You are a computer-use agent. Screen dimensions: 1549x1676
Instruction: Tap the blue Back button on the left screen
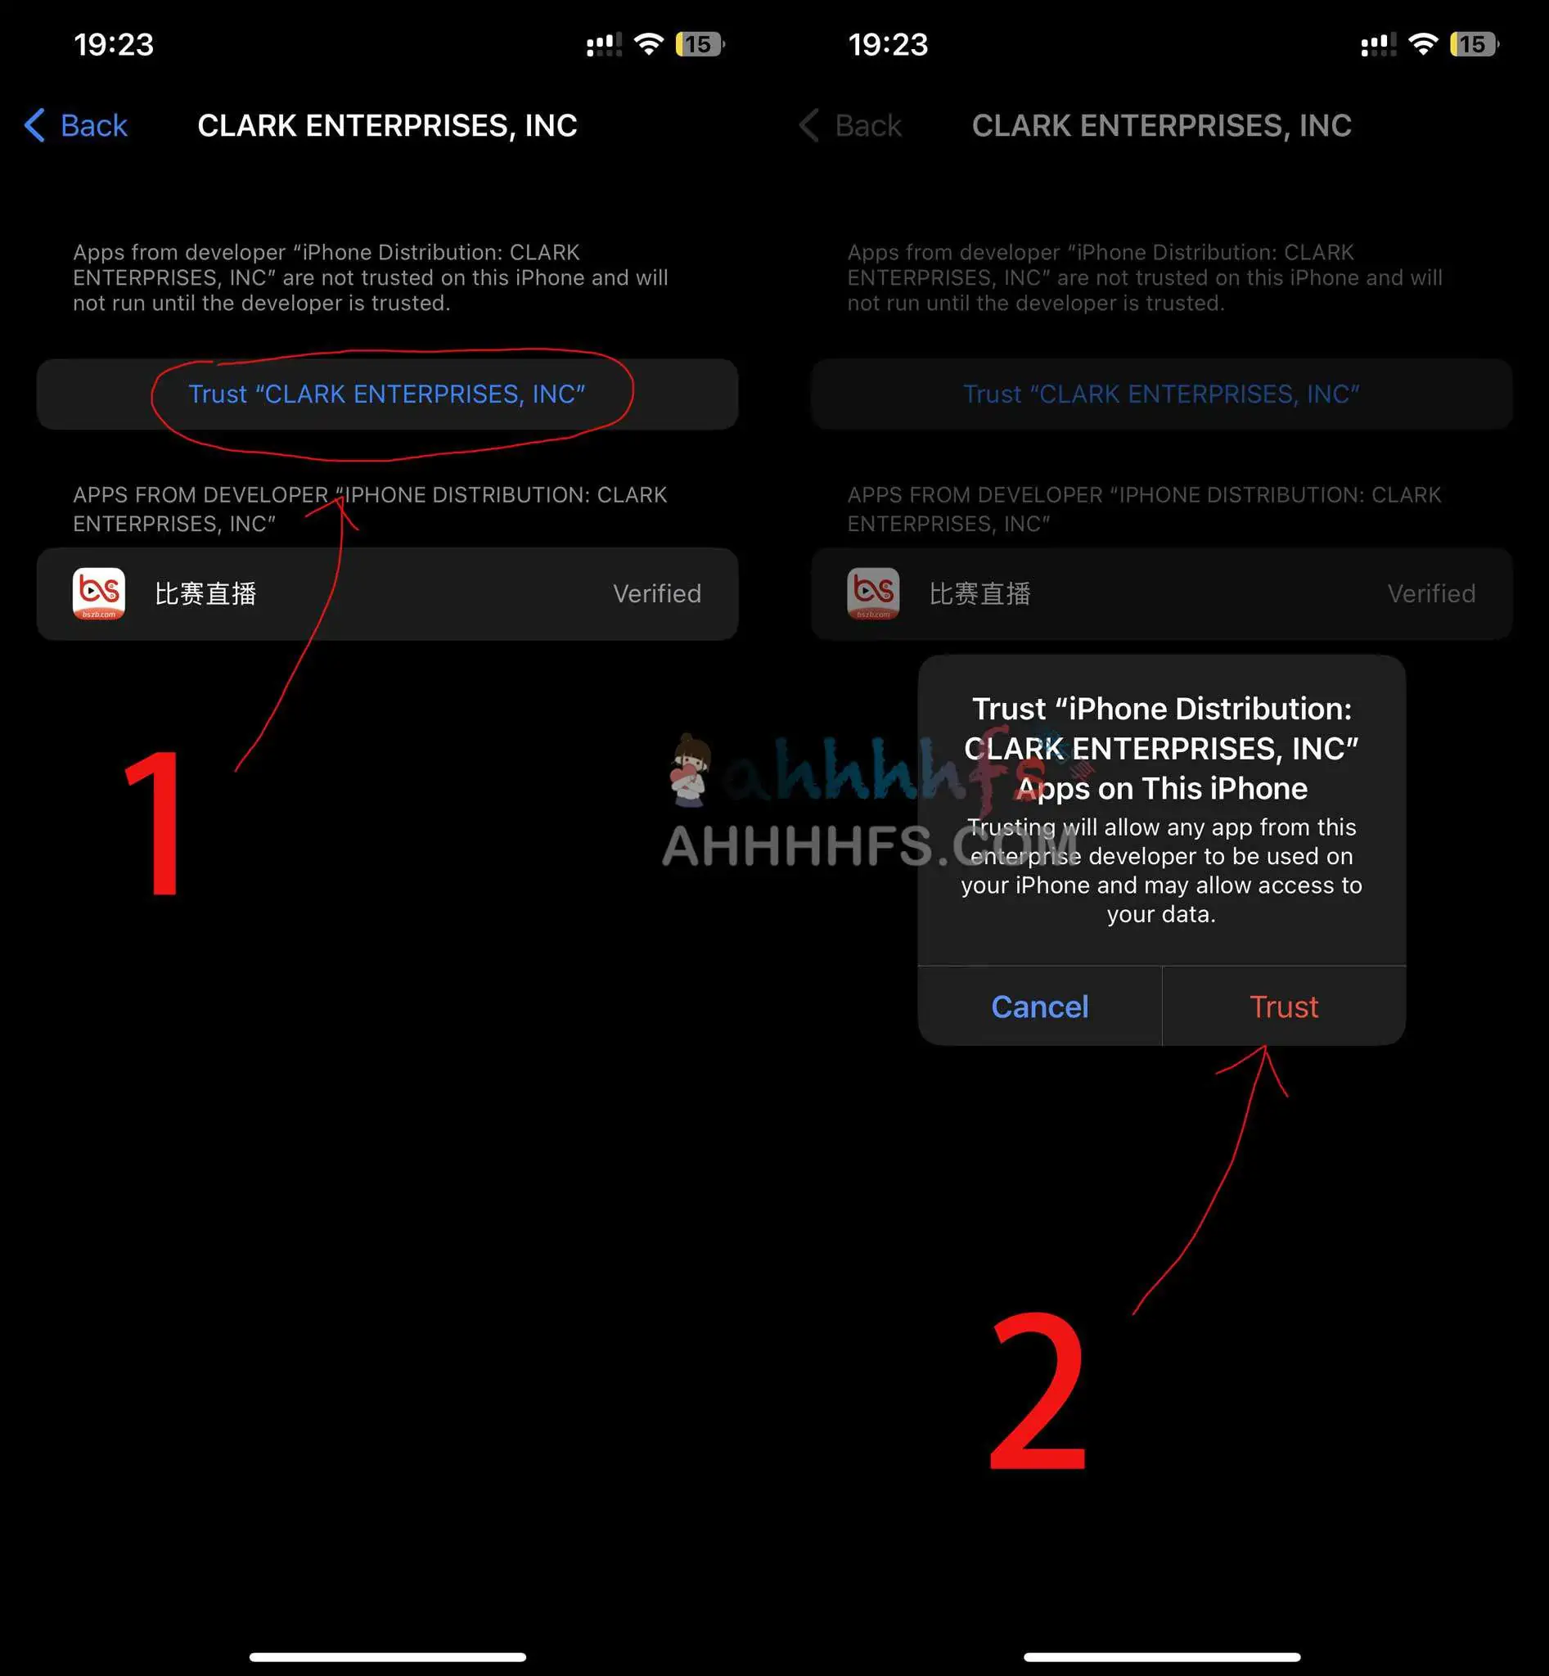[x=75, y=126]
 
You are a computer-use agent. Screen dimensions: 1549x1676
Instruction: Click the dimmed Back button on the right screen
[x=850, y=126]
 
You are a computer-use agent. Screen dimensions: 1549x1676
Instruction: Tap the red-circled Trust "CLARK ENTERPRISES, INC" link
[x=386, y=394]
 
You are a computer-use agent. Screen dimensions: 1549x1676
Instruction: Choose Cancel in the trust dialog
[x=1039, y=1006]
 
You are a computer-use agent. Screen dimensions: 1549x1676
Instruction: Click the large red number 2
[x=1038, y=1393]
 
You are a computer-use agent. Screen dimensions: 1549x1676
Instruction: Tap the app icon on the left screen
[x=99, y=593]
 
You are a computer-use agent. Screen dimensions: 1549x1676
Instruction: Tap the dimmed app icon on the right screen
[x=873, y=593]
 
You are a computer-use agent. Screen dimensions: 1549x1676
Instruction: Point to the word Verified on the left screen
[x=656, y=593]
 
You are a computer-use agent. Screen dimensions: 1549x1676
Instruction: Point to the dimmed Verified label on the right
[x=1431, y=593]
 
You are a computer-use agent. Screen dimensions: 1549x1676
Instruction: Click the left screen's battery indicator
[x=700, y=43]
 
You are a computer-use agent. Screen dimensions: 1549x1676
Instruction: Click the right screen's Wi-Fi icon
[x=1423, y=43]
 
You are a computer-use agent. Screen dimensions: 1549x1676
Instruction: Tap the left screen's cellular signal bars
[x=604, y=44]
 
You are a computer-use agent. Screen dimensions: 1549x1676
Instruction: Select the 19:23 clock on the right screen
[x=888, y=44]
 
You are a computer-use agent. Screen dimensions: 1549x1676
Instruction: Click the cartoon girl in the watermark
[x=691, y=770]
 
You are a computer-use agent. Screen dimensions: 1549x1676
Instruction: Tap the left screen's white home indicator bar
[x=387, y=1656]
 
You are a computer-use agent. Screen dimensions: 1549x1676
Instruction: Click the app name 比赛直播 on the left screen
[x=205, y=593]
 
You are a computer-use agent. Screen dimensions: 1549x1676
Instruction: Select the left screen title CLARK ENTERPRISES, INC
[x=387, y=126]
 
